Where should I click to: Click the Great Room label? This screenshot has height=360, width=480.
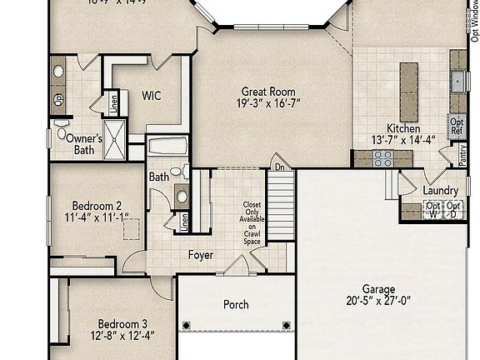[x=267, y=92]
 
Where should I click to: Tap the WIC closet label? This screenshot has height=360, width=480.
[x=151, y=96]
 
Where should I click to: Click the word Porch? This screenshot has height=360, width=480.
[x=236, y=305]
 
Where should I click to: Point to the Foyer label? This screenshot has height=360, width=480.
[x=200, y=255]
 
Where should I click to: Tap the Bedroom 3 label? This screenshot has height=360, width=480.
[x=122, y=324]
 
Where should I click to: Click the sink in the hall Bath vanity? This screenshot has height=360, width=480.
[x=182, y=197]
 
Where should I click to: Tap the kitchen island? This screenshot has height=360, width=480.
[x=408, y=90]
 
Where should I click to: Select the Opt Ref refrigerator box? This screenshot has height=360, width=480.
[x=457, y=125]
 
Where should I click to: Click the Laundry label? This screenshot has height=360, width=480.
[x=440, y=190]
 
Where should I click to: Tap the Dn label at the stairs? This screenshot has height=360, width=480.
[x=280, y=166]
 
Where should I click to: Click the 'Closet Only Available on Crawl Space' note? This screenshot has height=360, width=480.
[x=252, y=222]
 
